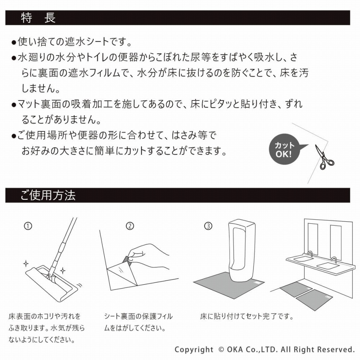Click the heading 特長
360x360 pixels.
point(38,18)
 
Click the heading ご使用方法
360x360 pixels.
point(48,195)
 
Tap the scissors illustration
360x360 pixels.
point(324,157)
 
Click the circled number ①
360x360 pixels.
point(28,226)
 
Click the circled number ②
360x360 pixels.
point(130,226)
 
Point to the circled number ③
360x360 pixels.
point(208,226)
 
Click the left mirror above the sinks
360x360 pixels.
point(313,239)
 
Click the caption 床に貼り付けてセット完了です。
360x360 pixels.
point(247,316)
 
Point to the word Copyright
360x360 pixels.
point(194,350)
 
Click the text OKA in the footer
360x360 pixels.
point(235,350)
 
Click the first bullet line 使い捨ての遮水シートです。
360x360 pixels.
point(75,42)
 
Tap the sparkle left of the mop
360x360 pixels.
point(26,264)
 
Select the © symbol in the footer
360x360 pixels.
point(221,350)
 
